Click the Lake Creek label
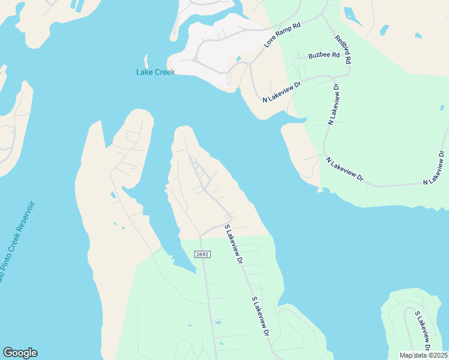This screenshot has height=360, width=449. pos(155,72)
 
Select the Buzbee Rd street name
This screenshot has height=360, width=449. pos(324,55)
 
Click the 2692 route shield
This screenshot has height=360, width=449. pos(203,254)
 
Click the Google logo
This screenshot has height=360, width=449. pos(20,353)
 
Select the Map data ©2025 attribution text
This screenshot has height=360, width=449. pos(424,355)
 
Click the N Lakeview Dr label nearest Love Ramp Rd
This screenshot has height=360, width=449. pos(281,91)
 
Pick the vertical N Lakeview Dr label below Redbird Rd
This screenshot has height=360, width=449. pos(334,104)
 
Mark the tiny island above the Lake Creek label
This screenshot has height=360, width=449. pos(146,61)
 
